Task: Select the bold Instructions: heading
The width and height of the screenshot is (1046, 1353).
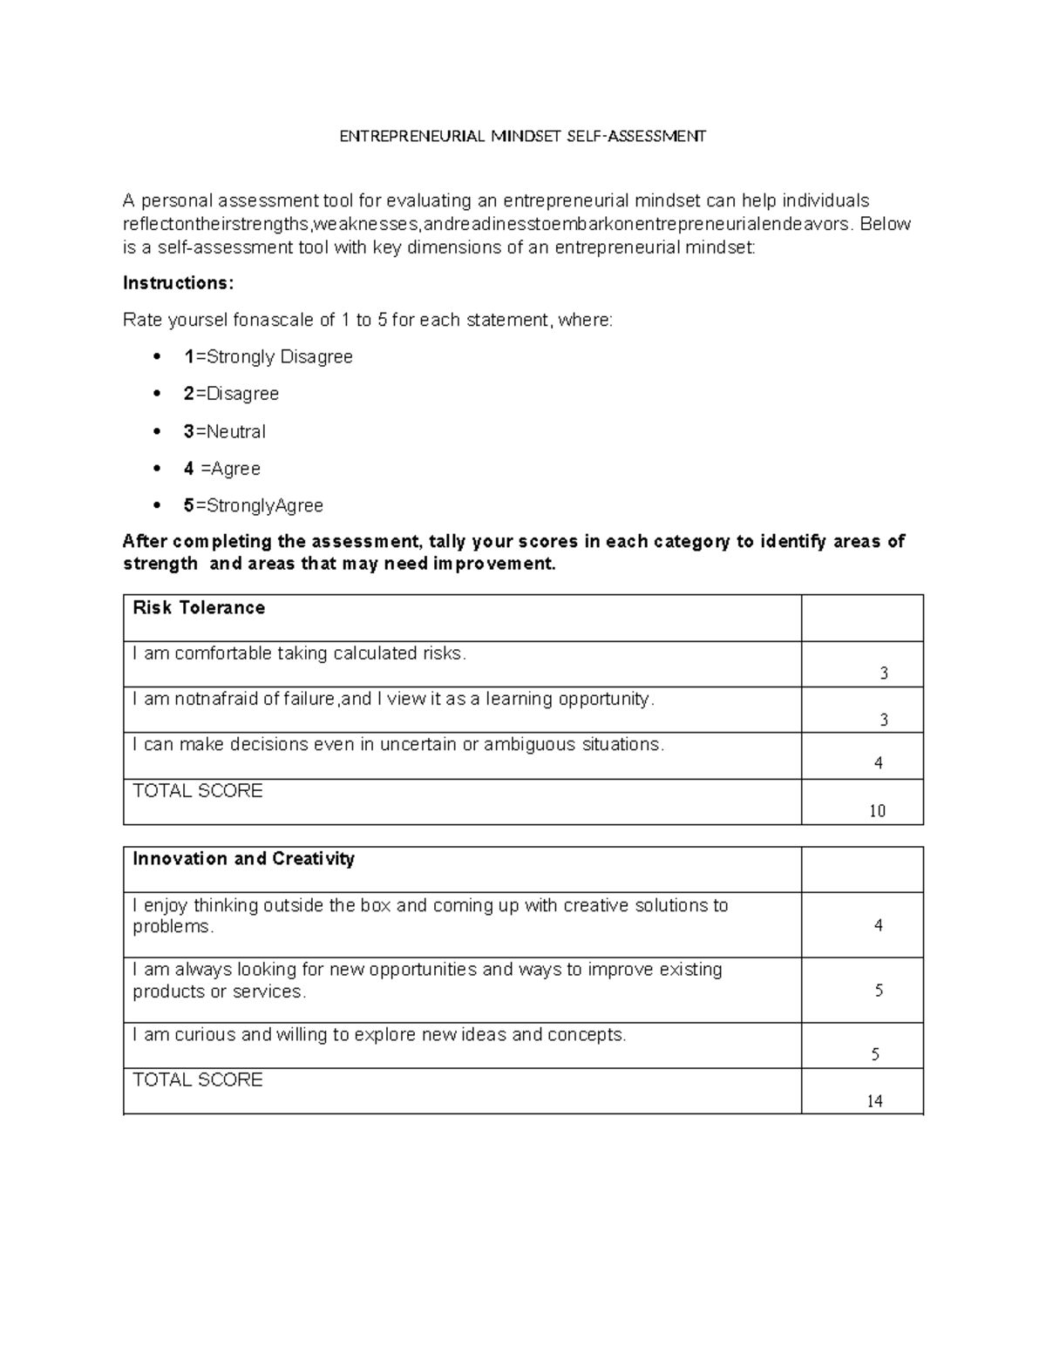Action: (x=179, y=283)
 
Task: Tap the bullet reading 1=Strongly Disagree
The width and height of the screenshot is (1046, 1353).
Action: (x=268, y=357)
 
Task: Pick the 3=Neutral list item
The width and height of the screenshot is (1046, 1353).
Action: (x=225, y=431)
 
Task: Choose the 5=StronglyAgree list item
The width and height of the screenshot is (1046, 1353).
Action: (x=254, y=505)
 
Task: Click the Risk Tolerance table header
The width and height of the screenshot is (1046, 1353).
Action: (x=199, y=608)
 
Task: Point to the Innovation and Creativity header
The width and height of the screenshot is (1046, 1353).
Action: (x=244, y=859)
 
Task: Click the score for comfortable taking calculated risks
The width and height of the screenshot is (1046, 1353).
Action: (x=884, y=673)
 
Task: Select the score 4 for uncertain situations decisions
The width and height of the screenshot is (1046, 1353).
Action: (x=879, y=763)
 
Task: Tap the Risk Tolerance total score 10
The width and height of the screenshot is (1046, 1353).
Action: (x=877, y=811)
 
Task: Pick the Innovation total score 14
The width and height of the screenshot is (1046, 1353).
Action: (x=875, y=1101)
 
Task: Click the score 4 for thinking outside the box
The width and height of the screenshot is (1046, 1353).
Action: (x=879, y=925)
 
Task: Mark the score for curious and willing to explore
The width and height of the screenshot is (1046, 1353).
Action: (x=876, y=1054)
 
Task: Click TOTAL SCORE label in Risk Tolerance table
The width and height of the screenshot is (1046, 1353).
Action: (x=198, y=791)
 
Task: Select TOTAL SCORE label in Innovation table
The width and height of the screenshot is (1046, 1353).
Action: (x=198, y=1080)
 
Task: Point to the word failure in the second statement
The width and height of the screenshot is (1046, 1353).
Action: (x=309, y=700)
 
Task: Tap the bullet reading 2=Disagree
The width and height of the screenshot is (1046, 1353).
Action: (x=232, y=394)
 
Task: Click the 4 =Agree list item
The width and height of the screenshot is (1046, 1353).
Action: (x=222, y=469)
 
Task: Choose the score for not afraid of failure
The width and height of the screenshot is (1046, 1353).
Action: (x=884, y=720)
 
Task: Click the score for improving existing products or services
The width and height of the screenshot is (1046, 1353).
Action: (x=879, y=991)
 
